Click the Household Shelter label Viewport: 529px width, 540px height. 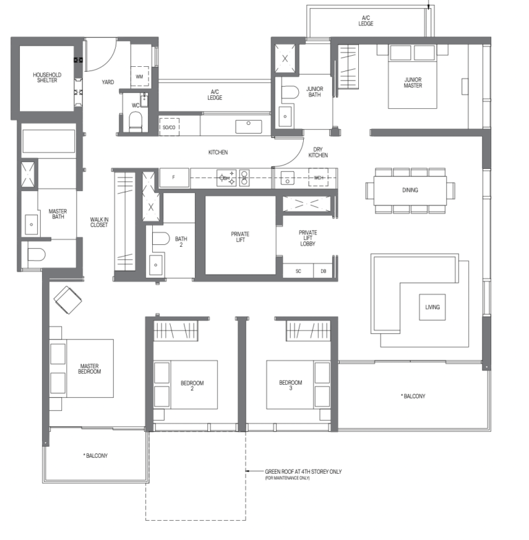click(x=47, y=77)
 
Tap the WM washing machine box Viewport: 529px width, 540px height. click(x=139, y=76)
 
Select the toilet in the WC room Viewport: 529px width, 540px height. click(x=136, y=121)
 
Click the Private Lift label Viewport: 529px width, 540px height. click(x=240, y=238)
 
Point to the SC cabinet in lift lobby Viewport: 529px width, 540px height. click(x=298, y=271)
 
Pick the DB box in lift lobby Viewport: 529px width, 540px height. click(x=323, y=271)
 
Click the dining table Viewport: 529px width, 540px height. click(x=411, y=190)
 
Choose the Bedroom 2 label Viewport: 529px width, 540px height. click(x=187, y=386)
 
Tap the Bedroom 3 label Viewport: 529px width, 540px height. click(x=290, y=386)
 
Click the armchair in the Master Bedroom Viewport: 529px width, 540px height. click(x=68, y=300)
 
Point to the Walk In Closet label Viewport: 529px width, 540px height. click(x=99, y=222)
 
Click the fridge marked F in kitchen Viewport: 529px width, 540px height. click(x=174, y=178)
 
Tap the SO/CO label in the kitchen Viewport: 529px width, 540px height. click(x=169, y=128)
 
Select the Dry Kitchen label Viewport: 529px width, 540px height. click(x=318, y=152)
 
